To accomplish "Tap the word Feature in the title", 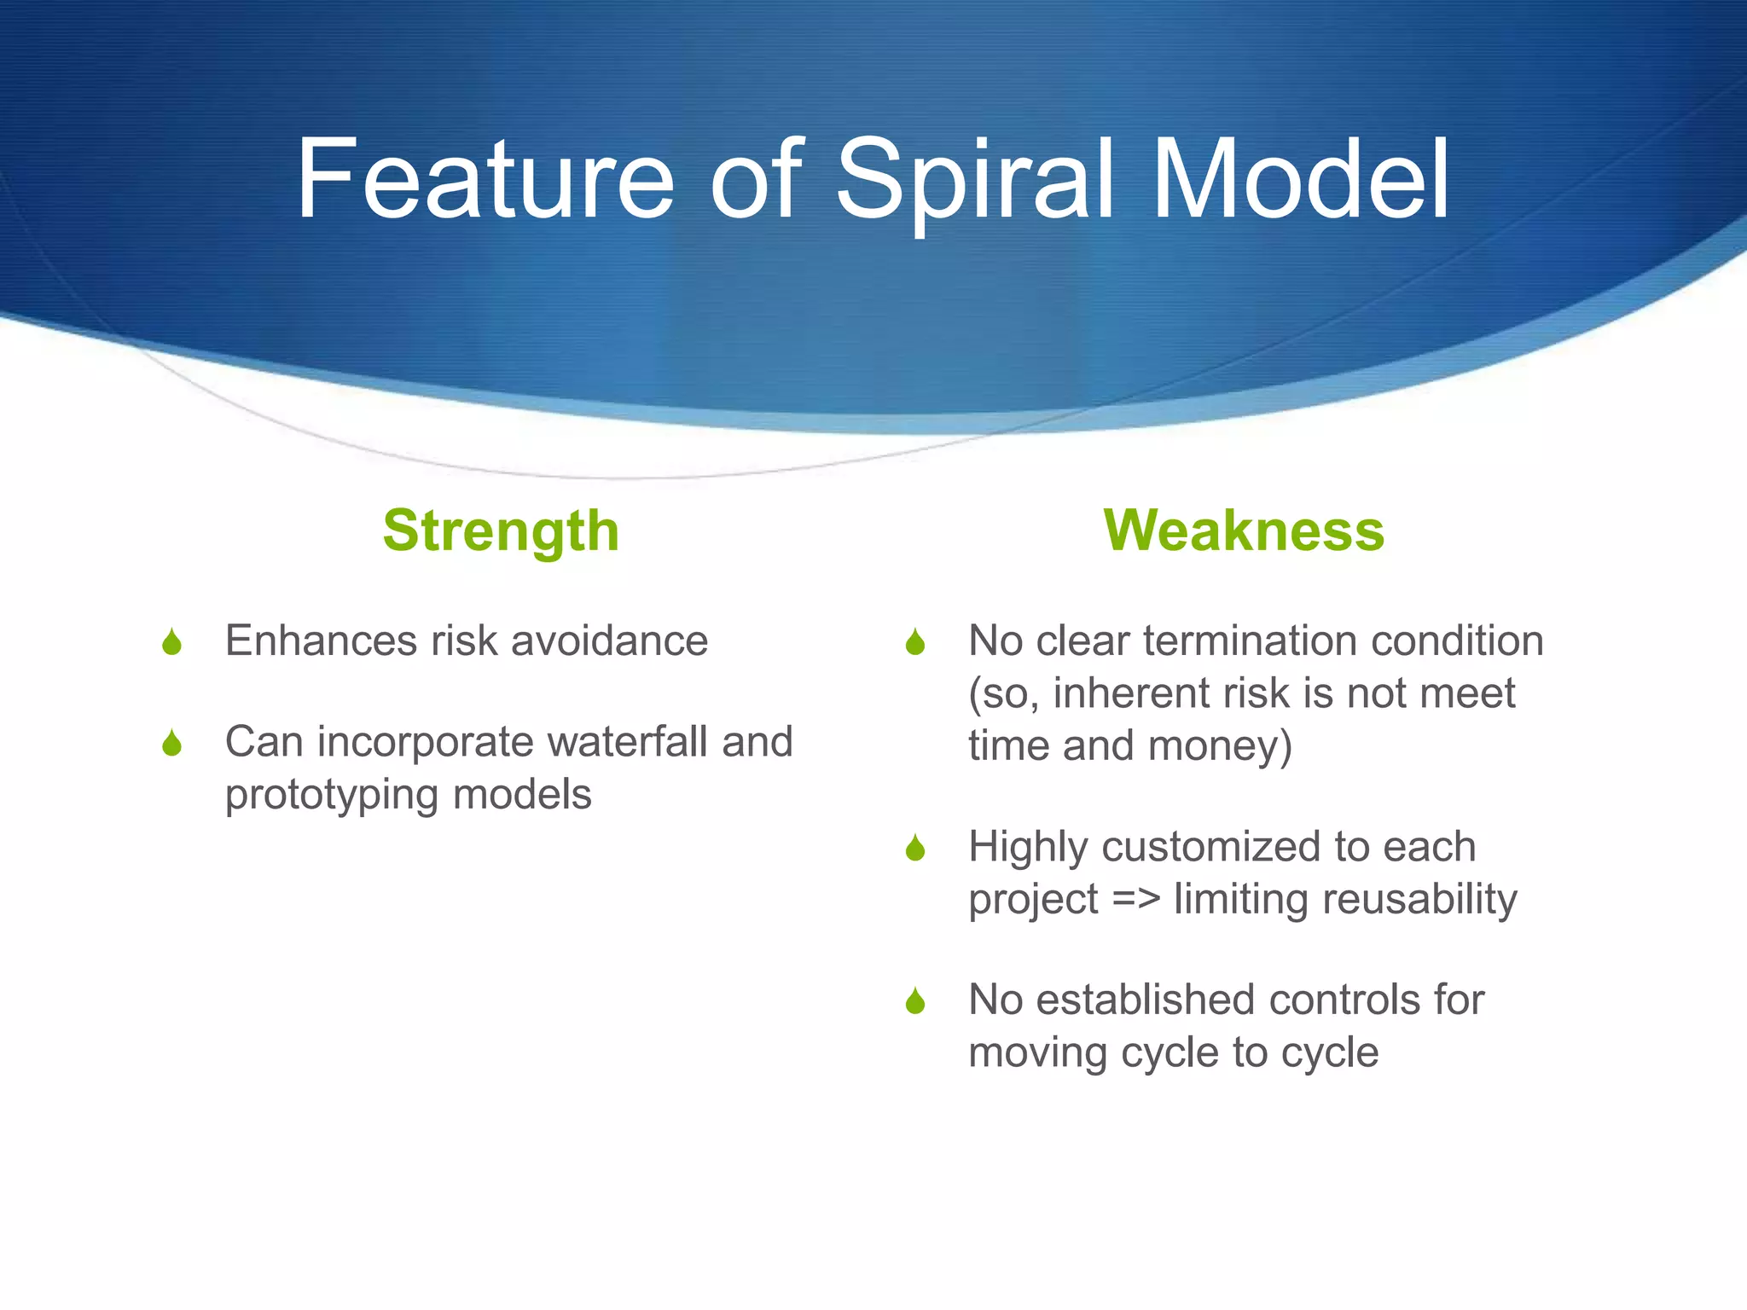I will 485,180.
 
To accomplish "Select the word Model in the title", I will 1300,180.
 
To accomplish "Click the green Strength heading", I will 501,530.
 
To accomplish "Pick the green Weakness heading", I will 1244,530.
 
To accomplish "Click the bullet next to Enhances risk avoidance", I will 171,642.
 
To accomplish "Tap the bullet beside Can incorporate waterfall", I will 171,744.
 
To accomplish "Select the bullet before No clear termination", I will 915,642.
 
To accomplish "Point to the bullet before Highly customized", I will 915,849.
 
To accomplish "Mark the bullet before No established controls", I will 915,1001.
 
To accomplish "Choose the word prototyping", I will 332,796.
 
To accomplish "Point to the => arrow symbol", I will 1136,900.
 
